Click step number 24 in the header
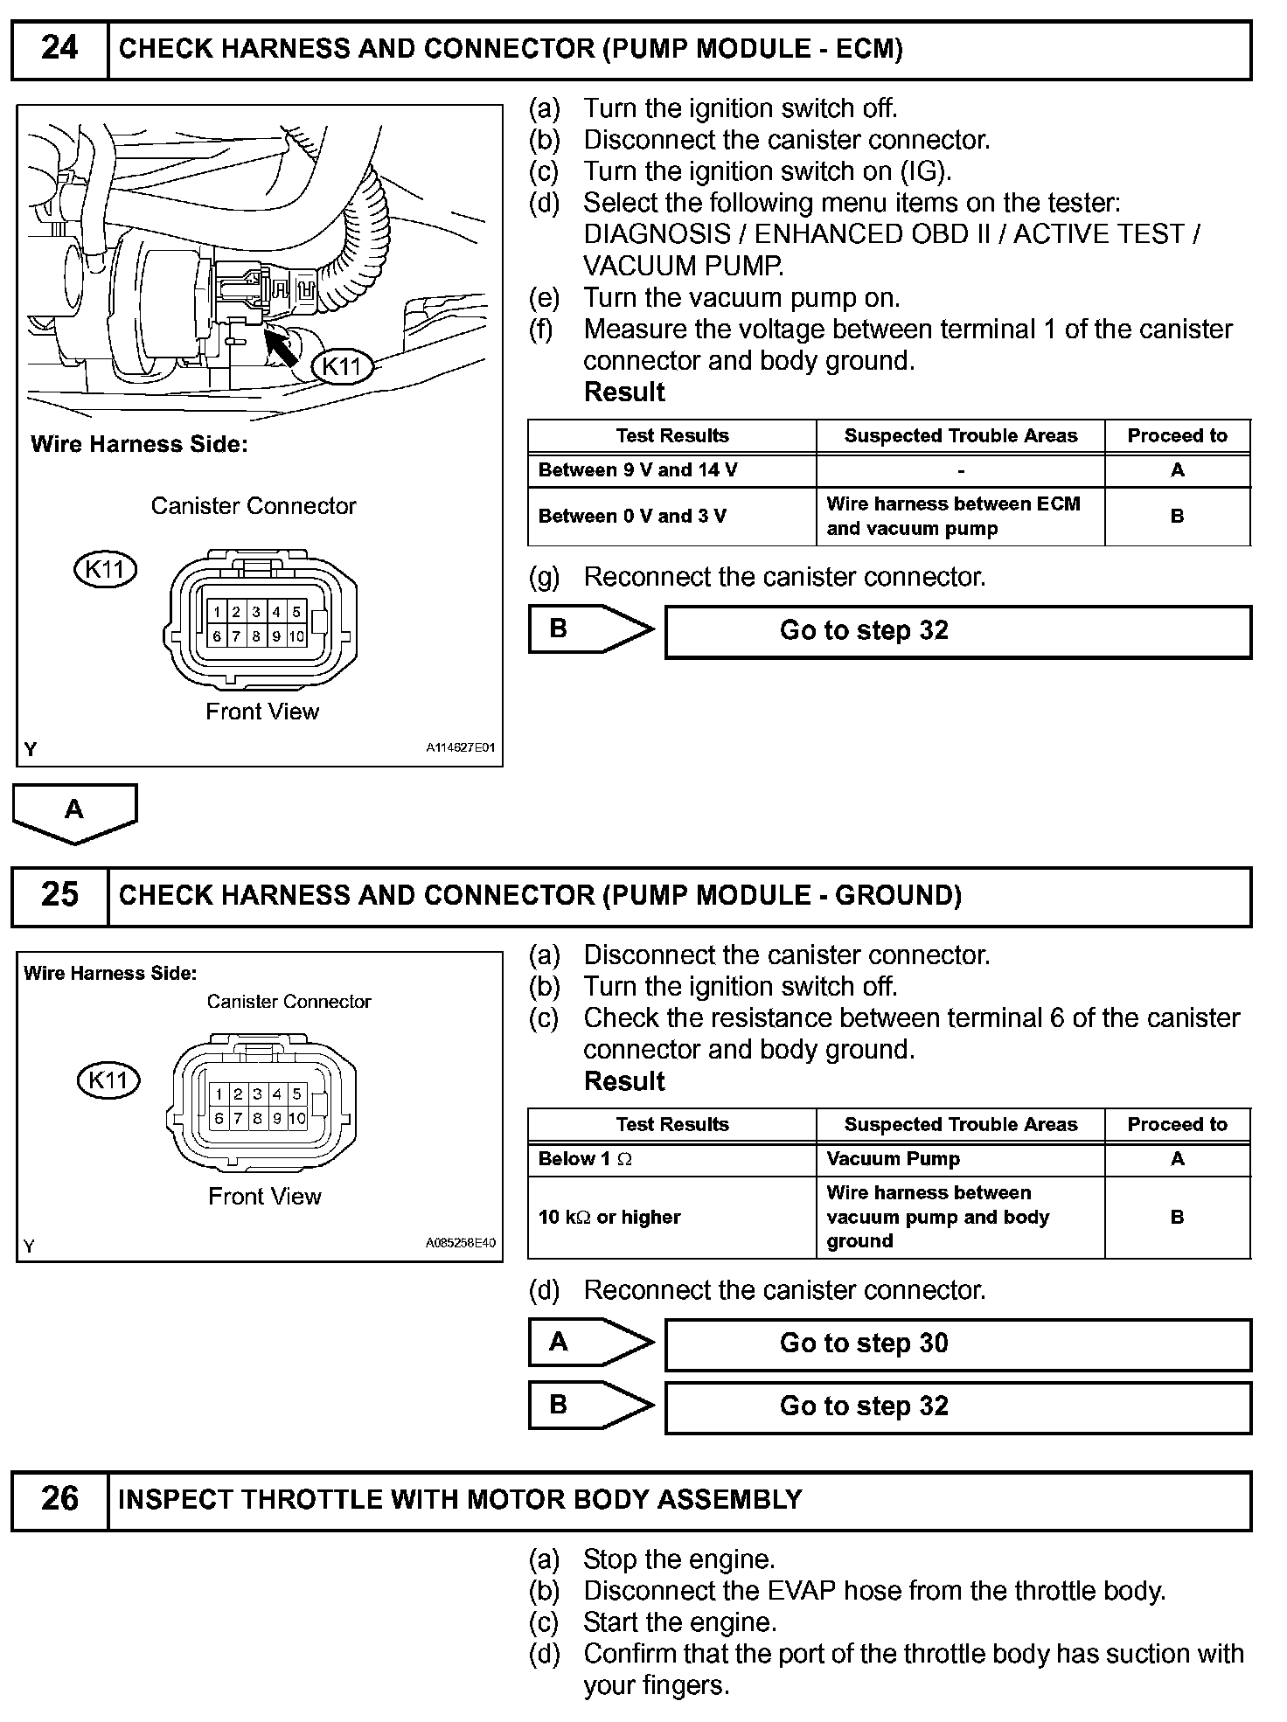tap(59, 48)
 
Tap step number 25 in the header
tap(59, 895)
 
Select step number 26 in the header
tap(59, 1499)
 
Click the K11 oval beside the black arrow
tap(342, 366)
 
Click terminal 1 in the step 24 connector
tap(217, 612)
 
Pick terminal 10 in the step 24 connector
tap(296, 636)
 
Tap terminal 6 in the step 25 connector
tap(219, 1118)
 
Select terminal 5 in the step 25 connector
tap(296, 1094)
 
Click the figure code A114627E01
tap(461, 748)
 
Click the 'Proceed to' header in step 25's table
tap(1177, 1124)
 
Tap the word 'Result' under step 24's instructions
tap(624, 392)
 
